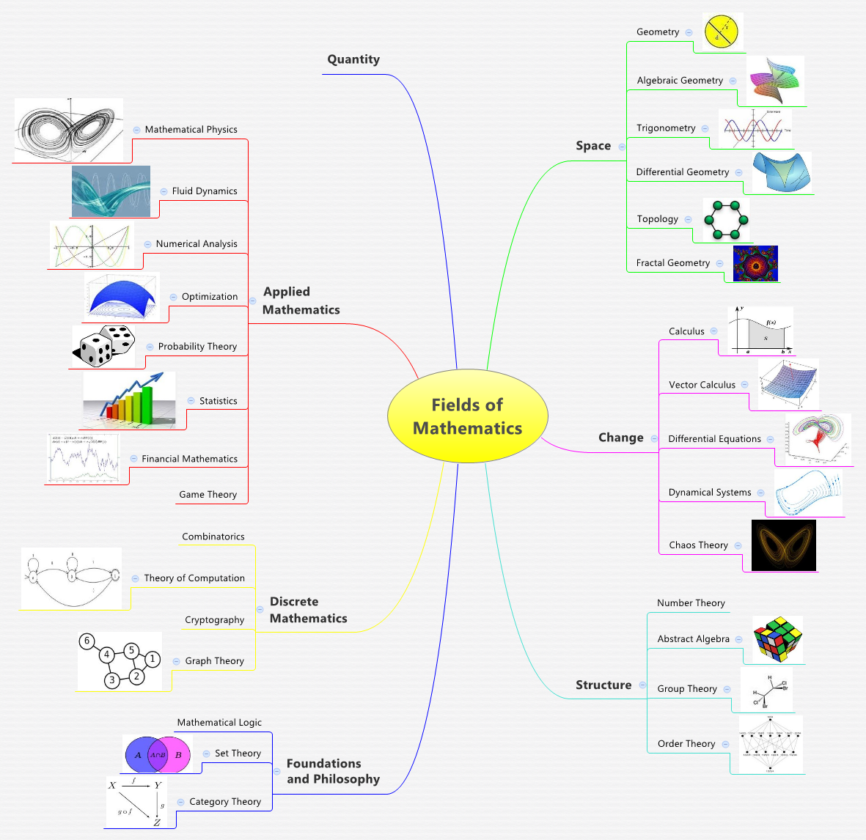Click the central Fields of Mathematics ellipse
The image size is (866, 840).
468,416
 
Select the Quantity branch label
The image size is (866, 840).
353,59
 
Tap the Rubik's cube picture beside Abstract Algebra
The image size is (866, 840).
778,639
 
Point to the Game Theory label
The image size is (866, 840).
208,495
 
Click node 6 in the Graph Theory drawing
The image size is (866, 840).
87,641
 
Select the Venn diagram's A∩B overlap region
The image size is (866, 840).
158,754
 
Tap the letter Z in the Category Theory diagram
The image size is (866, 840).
156,822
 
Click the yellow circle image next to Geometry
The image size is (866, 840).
723,32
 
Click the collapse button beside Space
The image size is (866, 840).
622,147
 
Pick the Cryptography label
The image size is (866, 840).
214,620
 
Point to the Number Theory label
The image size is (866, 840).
691,603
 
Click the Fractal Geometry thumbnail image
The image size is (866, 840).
755,264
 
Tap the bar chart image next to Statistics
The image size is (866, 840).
130,400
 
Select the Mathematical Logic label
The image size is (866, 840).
219,723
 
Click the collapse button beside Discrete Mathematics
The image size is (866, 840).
260,610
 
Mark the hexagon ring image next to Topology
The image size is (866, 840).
726,220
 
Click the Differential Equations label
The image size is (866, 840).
714,439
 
